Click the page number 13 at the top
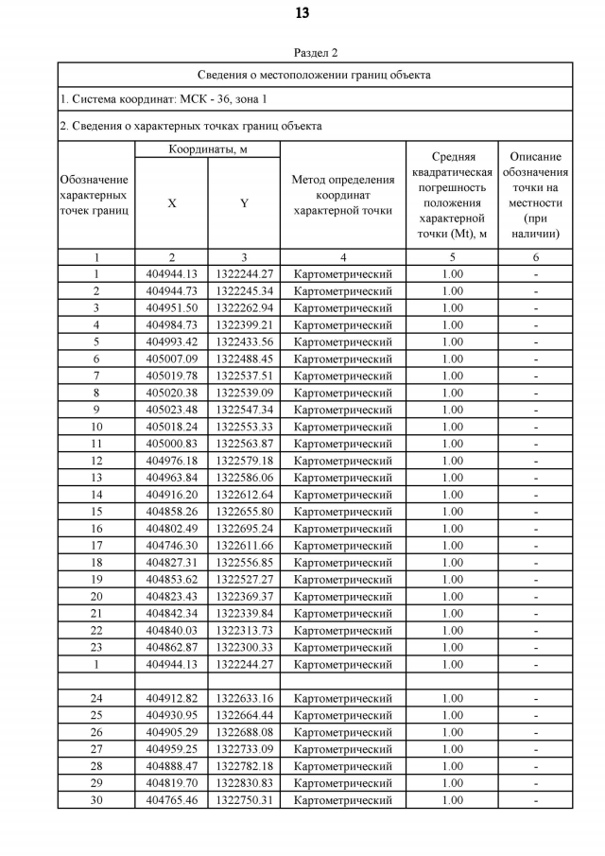pos(302,13)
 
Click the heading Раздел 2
pos(316,53)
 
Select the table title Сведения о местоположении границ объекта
pos(315,75)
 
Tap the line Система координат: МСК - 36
pos(164,99)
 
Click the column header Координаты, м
pos(208,149)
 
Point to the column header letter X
pos(171,203)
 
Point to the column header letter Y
pos(244,203)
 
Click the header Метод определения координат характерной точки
pos(343,195)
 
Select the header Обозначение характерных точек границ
pos(95,195)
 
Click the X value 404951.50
pos(171,308)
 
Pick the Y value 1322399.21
pos(244,325)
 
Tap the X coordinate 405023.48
pos(171,411)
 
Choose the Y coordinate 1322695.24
pos(244,529)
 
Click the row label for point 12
pos(96,461)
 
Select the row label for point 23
pos(96,647)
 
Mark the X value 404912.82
pos(171,698)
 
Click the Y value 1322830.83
pos(244,783)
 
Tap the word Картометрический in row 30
pos(343,800)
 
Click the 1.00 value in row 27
pos(452,749)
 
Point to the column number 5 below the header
pos(452,257)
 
